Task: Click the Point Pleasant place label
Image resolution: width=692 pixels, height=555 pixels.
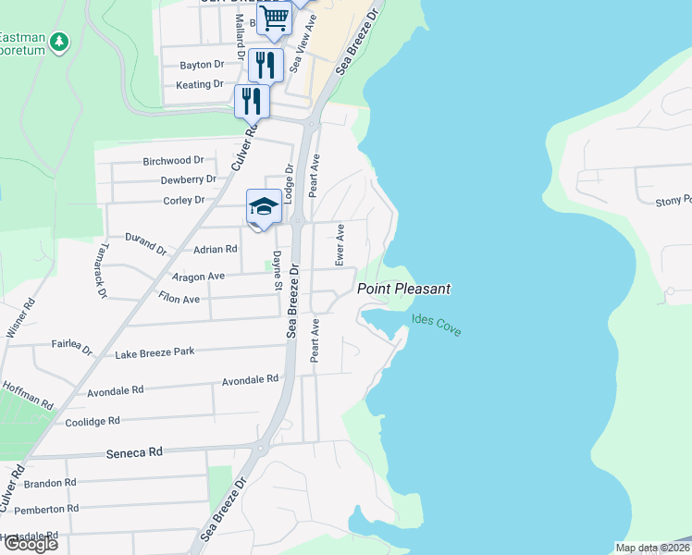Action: [404, 290]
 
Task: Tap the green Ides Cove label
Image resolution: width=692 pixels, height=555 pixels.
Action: [436, 325]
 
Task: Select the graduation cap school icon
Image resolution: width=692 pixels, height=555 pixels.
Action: [264, 206]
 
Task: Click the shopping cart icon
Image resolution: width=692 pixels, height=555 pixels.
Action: [274, 18]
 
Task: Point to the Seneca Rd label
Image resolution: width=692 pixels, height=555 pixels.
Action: [134, 452]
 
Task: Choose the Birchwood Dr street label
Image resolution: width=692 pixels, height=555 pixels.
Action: [173, 161]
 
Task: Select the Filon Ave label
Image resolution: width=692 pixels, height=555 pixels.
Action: [179, 300]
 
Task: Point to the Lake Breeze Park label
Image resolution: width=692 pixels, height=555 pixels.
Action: [154, 353]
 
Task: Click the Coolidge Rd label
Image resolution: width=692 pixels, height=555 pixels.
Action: [93, 422]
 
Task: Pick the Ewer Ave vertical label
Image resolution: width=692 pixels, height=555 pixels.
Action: [340, 245]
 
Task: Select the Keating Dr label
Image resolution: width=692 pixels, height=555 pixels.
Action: [200, 84]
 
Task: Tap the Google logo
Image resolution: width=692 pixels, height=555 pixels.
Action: [30, 544]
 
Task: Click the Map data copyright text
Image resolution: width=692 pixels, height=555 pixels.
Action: [652, 548]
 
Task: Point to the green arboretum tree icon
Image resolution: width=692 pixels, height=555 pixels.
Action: [59, 42]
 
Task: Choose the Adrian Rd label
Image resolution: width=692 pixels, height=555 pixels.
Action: [215, 250]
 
